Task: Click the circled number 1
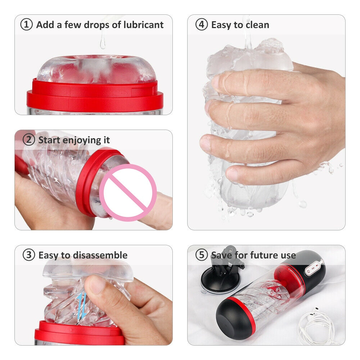[26, 25]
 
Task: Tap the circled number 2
[29, 140]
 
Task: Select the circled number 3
[29, 255]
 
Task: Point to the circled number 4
[202, 25]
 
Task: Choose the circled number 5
[202, 255]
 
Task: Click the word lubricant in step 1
[144, 25]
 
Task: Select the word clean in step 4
[257, 25]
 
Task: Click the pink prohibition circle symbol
[128, 193]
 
